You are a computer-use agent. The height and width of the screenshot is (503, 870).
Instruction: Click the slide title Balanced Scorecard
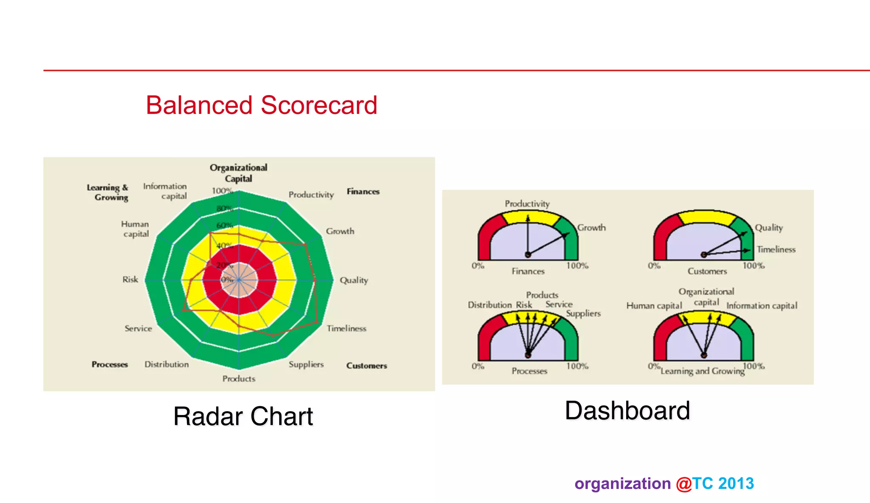pyautogui.click(x=261, y=105)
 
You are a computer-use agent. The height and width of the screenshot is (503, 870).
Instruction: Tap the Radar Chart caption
pyautogui.click(x=243, y=416)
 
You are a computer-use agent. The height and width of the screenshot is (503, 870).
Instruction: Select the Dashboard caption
pyautogui.click(x=627, y=411)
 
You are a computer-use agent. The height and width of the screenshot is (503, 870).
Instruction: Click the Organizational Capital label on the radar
pyautogui.click(x=238, y=173)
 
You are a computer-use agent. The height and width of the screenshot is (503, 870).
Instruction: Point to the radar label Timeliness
pyautogui.click(x=346, y=328)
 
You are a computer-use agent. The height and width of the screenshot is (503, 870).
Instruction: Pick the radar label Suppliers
pyautogui.click(x=306, y=365)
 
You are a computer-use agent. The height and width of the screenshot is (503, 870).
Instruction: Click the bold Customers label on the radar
pyautogui.click(x=366, y=366)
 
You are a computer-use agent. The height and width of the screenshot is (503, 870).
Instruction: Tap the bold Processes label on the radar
pyautogui.click(x=110, y=365)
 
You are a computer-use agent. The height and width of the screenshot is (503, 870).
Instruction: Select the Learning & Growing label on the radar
pyautogui.click(x=107, y=192)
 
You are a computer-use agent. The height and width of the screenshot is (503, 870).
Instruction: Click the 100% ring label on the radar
pyautogui.click(x=222, y=191)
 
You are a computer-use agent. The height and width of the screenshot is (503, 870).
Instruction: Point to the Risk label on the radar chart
pyautogui.click(x=130, y=280)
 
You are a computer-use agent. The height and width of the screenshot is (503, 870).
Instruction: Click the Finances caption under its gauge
pyautogui.click(x=528, y=271)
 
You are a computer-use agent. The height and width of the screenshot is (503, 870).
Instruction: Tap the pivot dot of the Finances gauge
pyautogui.click(x=528, y=254)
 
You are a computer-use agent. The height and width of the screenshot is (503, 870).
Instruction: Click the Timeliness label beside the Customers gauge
pyautogui.click(x=776, y=249)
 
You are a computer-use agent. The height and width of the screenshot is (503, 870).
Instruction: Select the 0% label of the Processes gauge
pyautogui.click(x=477, y=366)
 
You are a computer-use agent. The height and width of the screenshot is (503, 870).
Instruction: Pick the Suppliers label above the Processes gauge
pyautogui.click(x=583, y=314)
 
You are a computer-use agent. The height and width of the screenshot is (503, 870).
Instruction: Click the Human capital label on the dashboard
pyautogui.click(x=654, y=306)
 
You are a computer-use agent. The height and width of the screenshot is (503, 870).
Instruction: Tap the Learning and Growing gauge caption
pyautogui.click(x=702, y=371)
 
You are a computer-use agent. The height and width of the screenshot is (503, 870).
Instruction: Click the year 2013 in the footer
pyautogui.click(x=736, y=483)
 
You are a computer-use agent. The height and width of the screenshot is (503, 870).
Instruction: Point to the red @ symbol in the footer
pyautogui.click(x=684, y=484)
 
